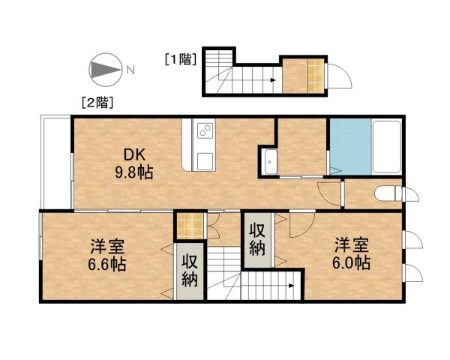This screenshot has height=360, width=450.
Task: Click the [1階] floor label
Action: [x=180, y=58]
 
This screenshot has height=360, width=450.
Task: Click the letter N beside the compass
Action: [x=130, y=70]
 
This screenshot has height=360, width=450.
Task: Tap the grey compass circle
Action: [x=103, y=70]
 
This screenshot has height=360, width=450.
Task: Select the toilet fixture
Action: [x=387, y=193]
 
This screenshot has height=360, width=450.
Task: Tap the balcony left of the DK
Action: [x=56, y=161]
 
